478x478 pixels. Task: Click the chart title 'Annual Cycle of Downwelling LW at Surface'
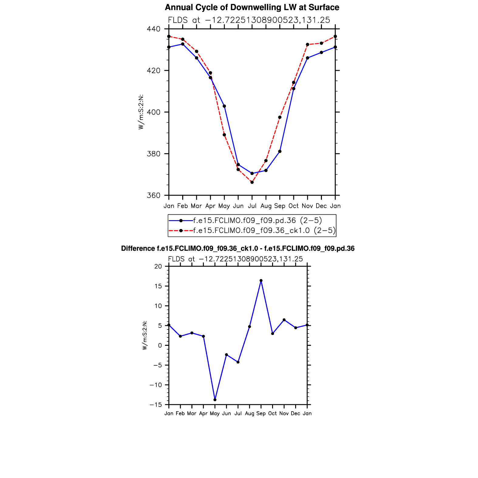(252, 8)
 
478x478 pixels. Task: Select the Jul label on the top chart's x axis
(252, 206)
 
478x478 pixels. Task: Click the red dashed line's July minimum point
(252, 182)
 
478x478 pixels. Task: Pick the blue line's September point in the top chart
(280, 151)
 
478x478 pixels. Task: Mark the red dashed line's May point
(224, 135)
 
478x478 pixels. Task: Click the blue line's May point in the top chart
(224, 106)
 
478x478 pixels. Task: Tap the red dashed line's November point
(307, 45)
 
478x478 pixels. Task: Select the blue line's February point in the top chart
(183, 44)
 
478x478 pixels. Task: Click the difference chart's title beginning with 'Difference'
(238, 249)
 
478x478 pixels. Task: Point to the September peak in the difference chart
(261, 281)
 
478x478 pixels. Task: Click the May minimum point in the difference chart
(215, 400)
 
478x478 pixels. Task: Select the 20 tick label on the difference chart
(158, 267)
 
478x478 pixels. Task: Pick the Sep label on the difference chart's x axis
(261, 414)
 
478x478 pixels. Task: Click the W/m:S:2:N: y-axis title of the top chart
(141, 112)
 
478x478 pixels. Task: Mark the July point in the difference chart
(238, 362)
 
